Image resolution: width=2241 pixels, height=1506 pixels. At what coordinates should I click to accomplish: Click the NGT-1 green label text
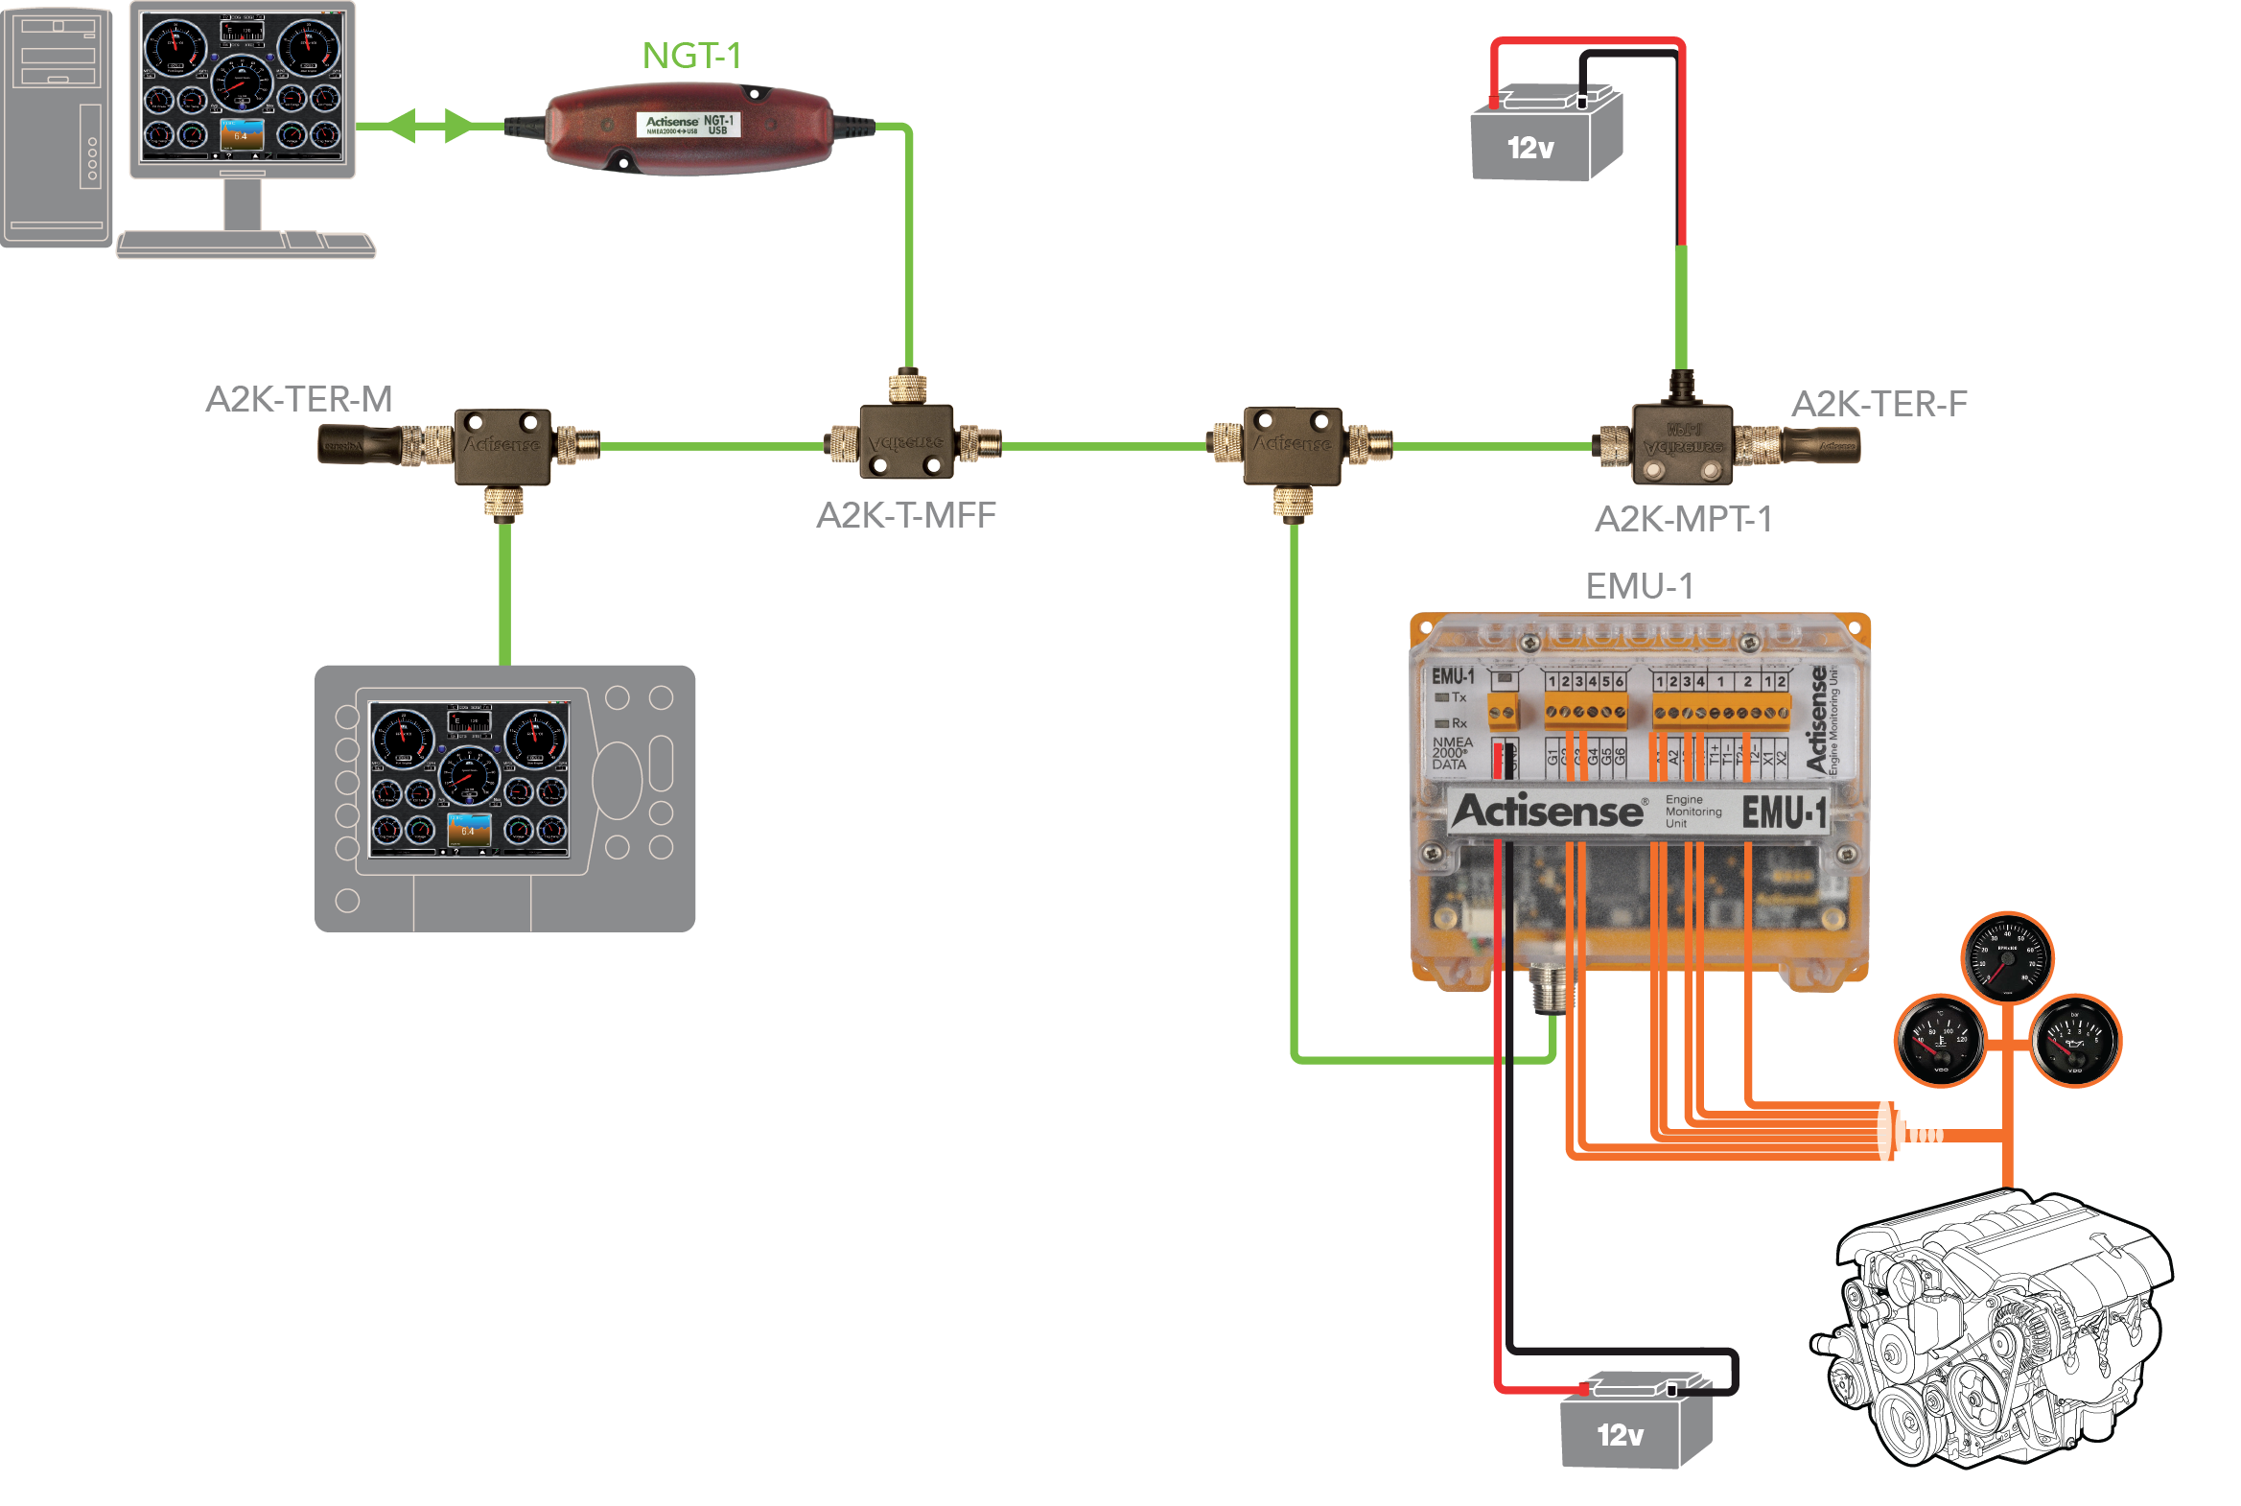point(691,56)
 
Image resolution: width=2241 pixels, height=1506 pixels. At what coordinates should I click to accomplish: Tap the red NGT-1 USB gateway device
point(689,129)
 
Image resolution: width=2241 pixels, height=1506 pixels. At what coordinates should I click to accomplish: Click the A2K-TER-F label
point(1879,405)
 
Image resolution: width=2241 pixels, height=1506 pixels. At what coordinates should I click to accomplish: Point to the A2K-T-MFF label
point(905,516)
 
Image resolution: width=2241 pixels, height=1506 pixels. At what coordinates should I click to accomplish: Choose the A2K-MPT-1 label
point(1682,520)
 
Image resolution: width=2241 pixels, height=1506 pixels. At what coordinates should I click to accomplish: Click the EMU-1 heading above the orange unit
point(1638,586)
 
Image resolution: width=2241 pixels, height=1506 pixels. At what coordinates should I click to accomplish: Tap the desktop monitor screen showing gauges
point(242,84)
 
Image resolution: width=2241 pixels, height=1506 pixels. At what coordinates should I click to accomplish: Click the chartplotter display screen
point(469,780)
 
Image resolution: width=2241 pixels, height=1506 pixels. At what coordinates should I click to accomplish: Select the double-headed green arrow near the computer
point(431,126)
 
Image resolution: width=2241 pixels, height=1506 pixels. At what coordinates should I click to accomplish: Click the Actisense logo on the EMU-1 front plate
point(1548,812)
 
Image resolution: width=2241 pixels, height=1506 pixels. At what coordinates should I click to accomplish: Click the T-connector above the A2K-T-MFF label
point(906,443)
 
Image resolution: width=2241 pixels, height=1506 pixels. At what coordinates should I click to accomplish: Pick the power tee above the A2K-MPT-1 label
point(1682,443)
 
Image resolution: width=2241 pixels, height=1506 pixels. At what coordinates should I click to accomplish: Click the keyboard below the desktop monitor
point(245,245)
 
